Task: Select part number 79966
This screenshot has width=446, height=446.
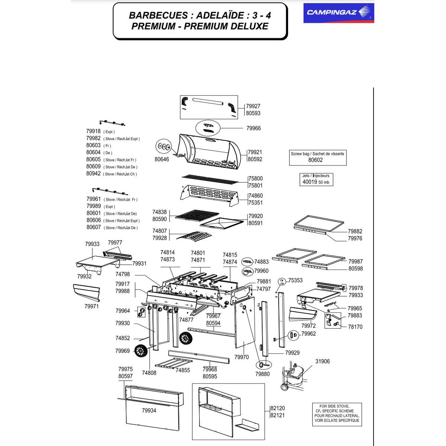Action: [x=253, y=128]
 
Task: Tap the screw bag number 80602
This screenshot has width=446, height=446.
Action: [x=316, y=160]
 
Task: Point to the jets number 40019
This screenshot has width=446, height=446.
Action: [x=310, y=182]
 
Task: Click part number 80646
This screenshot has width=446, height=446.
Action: [x=162, y=159]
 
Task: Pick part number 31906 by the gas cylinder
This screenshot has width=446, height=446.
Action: [x=322, y=361]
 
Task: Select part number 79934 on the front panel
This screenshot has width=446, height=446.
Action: [x=149, y=411]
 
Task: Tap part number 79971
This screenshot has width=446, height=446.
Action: [x=91, y=307]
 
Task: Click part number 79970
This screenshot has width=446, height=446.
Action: [x=242, y=357]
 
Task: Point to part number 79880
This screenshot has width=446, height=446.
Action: [x=263, y=374]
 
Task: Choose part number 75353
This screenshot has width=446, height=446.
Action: [x=295, y=281]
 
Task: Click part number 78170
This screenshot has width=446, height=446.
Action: [x=355, y=327]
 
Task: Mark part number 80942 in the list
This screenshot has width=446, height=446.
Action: [x=93, y=174]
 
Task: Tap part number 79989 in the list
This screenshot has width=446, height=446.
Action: [x=93, y=206]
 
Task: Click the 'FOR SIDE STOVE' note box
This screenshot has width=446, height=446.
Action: [x=337, y=413]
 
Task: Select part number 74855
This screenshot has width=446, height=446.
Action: [x=182, y=370]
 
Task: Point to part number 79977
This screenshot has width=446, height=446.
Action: [x=115, y=243]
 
